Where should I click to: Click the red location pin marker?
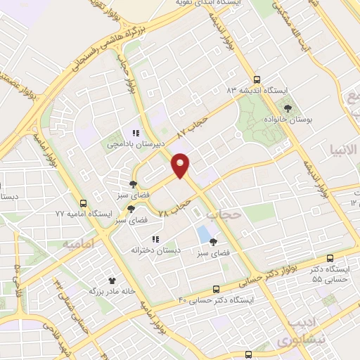pyautogui.click(x=181, y=165)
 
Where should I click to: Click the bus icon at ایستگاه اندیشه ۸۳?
pyautogui.click(x=257, y=80)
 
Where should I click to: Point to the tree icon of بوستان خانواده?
pyautogui.click(x=288, y=108)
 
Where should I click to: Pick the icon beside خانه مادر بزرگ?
pyautogui.click(x=111, y=279)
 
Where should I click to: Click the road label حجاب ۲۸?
pyautogui.click(x=176, y=205)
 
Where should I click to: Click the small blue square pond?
pyautogui.click(x=204, y=233)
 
